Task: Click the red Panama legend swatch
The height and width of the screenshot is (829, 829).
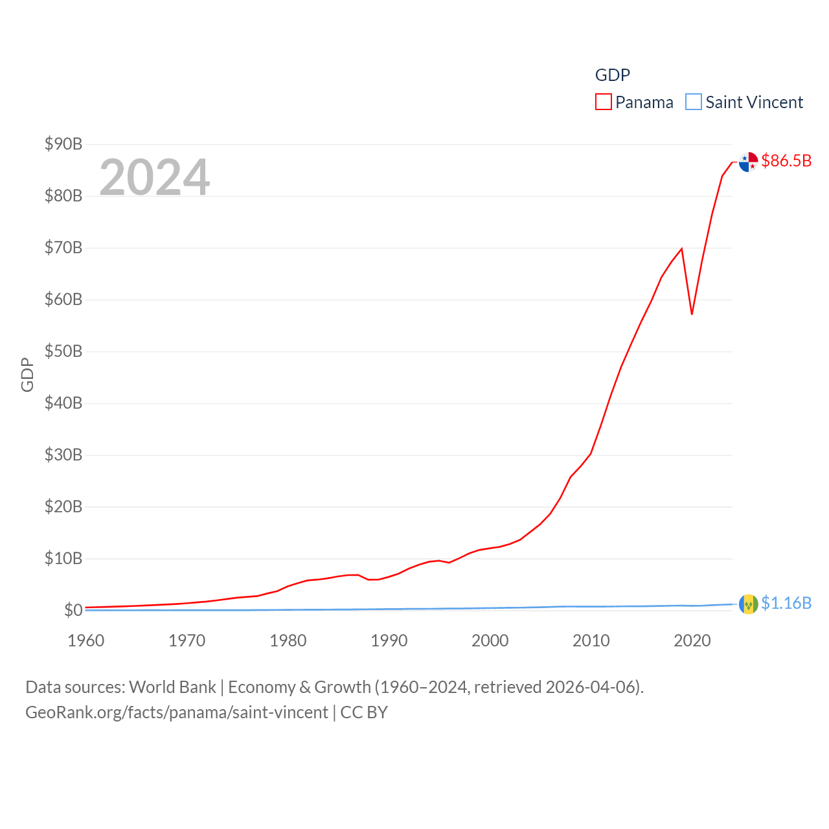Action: [x=603, y=102]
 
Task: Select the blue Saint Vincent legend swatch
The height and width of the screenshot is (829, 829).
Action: [x=693, y=102]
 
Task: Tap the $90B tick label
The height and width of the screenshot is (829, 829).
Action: [x=63, y=144]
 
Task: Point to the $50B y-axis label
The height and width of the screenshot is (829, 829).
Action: [x=63, y=351]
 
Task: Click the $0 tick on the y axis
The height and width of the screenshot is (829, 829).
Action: [x=73, y=610]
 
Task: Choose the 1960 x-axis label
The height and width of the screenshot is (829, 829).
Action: [x=86, y=641]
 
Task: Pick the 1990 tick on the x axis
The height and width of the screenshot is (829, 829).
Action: [x=389, y=641]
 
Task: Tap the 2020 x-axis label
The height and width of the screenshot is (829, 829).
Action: [x=692, y=641]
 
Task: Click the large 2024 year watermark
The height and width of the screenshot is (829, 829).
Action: [x=155, y=177]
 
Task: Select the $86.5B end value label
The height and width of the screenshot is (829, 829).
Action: [x=786, y=161]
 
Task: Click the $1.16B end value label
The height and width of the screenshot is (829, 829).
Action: [x=786, y=603]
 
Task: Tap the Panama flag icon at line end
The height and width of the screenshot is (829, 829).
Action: [x=749, y=162]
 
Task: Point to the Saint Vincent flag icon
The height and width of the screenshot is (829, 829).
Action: [x=749, y=604]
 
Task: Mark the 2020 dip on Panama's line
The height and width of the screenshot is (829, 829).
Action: [x=692, y=314]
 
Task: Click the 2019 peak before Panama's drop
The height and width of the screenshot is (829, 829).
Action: [x=681, y=249]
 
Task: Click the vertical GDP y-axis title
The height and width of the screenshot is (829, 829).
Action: [x=27, y=374]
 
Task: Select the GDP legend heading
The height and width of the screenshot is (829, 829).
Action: [x=612, y=75]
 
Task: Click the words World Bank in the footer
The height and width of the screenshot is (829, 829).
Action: [x=172, y=687]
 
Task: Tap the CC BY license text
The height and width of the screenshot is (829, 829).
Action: [x=364, y=712]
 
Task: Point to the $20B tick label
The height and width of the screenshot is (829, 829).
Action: [x=63, y=506]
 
